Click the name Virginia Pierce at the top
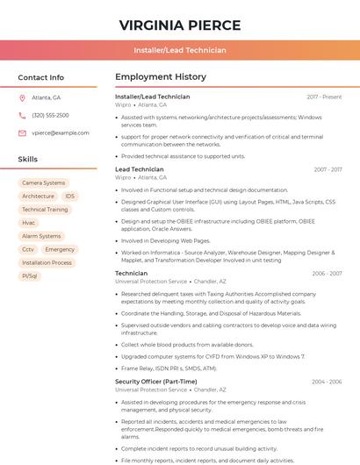pyautogui.click(x=179, y=24)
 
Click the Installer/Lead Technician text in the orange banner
pyautogui.click(x=179, y=50)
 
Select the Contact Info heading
pyautogui.click(x=40, y=77)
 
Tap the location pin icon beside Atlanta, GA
pyautogui.click(x=22, y=97)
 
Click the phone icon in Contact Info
pyautogui.click(x=22, y=115)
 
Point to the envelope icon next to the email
pyautogui.click(x=22, y=132)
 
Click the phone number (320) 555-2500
pyautogui.click(x=50, y=115)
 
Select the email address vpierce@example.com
pyautogui.click(x=60, y=132)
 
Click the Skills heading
pyautogui.click(x=28, y=159)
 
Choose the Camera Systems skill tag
pyautogui.click(x=43, y=183)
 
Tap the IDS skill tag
pyautogui.click(x=69, y=197)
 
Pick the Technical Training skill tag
pyautogui.click(x=45, y=210)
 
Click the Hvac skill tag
pyautogui.click(x=29, y=223)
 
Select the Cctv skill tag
pyautogui.click(x=28, y=249)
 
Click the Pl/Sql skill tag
pyautogui.click(x=30, y=275)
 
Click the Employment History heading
pyautogui.click(x=160, y=77)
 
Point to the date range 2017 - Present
pyautogui.click(x=324, y=97)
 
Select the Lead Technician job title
pyautogui.click(x=139, y=169)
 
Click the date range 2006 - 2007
pyautogui.click(x=327, y=274)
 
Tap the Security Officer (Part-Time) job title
pyautogui.click(x=155, y=382)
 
